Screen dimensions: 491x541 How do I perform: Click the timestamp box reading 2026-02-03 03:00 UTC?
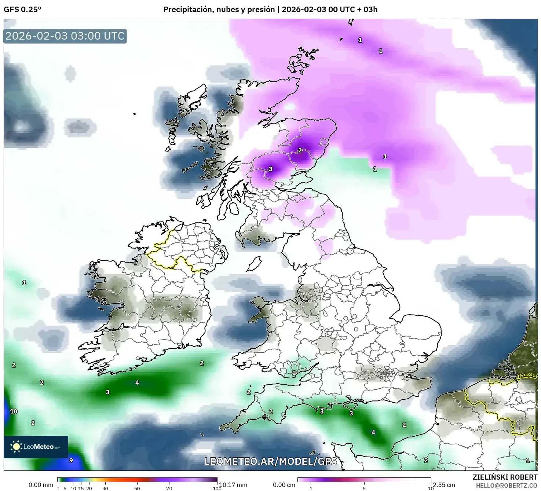click(65, 36)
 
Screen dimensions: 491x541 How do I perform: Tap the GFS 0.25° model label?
click(22, 10)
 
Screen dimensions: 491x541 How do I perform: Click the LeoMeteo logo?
click(36, 447)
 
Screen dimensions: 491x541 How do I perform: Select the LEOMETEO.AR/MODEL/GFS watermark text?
click(270, 461)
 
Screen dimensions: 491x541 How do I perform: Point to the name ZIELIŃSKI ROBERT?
click(505, 477)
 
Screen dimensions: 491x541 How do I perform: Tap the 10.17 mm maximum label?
click(233, 485)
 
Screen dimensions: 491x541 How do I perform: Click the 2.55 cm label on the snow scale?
click(444, 485)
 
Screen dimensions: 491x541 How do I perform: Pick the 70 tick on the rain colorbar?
click(169, 488)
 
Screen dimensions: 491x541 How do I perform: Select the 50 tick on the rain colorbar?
click(137, 488)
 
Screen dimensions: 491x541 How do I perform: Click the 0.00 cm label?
click(284, 485)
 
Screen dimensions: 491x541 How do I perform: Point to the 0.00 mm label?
click(41, 485)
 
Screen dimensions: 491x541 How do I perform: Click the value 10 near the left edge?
click(14, 411)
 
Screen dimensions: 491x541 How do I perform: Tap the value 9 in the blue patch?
click(71, 461)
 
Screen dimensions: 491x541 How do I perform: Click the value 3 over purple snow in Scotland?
click(271, 169)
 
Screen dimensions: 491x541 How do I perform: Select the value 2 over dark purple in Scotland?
click(300, 150)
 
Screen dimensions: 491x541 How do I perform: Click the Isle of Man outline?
click(254, 264)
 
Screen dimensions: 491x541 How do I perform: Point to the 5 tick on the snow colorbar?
click(364, 488)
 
